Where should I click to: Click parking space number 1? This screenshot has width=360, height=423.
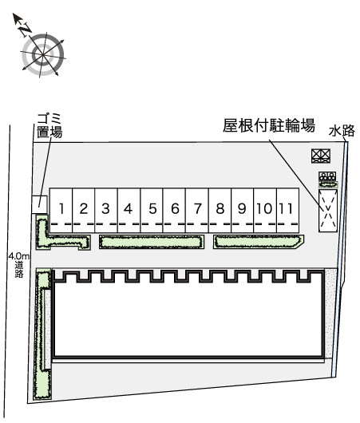(61, 210)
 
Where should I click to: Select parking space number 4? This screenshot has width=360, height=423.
(129, 210)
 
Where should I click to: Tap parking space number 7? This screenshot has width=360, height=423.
(197, 210)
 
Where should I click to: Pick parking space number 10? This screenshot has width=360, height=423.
(265, 210)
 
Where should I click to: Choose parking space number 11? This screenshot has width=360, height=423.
(287, 210)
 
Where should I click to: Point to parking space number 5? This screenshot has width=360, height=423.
(152, 210)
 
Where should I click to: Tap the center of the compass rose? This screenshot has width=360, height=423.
(43, 55)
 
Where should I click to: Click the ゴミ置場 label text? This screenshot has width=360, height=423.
(49, 126)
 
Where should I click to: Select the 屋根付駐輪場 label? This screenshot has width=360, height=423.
(269, 125)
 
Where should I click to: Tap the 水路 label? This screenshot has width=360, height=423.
(342, 131)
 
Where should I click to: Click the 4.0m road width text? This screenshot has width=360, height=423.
(18, 256)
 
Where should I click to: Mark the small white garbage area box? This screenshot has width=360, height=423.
(39, 204)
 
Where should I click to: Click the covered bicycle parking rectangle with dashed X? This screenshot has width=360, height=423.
(328, 211)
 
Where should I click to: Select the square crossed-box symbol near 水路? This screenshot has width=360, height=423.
(321, 156)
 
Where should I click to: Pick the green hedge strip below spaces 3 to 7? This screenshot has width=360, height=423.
(152, 242)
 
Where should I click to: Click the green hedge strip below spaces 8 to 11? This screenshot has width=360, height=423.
(259, 242)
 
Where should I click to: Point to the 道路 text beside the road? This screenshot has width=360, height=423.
(19, 270)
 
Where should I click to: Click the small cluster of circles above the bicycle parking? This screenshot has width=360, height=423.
(327, 176)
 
